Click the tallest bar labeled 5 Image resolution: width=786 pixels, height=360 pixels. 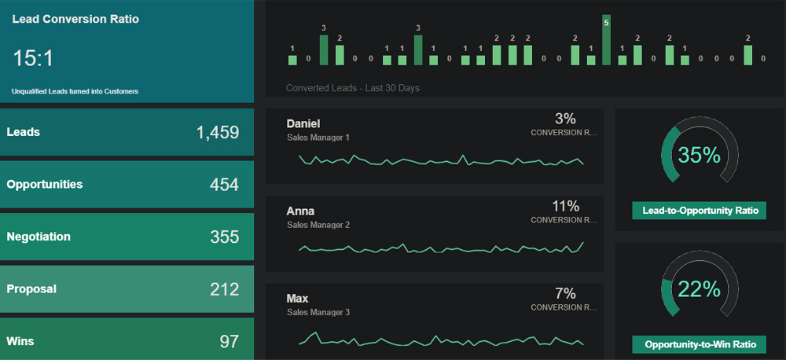(x=606, y=41)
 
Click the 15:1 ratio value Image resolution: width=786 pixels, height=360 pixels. (x=33, y=58)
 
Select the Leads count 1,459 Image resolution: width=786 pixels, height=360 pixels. (x=217, y=132)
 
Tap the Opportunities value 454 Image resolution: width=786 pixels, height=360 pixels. (x=224, y=185)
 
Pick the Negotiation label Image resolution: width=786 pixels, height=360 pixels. (x=39, y=237)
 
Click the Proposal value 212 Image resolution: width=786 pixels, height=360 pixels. (x=224, y=289)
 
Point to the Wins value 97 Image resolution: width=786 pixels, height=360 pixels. (x=229, y=341)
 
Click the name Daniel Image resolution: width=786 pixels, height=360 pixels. (x=303, y=123)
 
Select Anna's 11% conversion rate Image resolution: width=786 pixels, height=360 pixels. (x=565, y=206)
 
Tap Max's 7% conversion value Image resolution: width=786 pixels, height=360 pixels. (x=565, y=293)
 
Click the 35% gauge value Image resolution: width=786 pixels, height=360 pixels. (x=699, y=156)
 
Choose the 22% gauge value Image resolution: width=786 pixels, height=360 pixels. (x=699, y=289)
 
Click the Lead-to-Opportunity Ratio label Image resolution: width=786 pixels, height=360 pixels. (x=700, y=211)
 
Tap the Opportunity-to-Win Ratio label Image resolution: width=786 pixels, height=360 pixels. (x=700, y=344)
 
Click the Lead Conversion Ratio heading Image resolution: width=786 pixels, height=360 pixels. (x=75, y=19)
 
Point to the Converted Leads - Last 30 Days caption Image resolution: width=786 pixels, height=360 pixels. (x=353, y=88)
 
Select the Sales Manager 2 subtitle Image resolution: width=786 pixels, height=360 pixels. (x=318, y=225)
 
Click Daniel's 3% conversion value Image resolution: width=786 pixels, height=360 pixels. (x=565, y=119)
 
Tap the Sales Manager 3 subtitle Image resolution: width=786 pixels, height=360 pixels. (x=318, y=312)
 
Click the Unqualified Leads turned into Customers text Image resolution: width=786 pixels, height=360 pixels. (x=75, y=91)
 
